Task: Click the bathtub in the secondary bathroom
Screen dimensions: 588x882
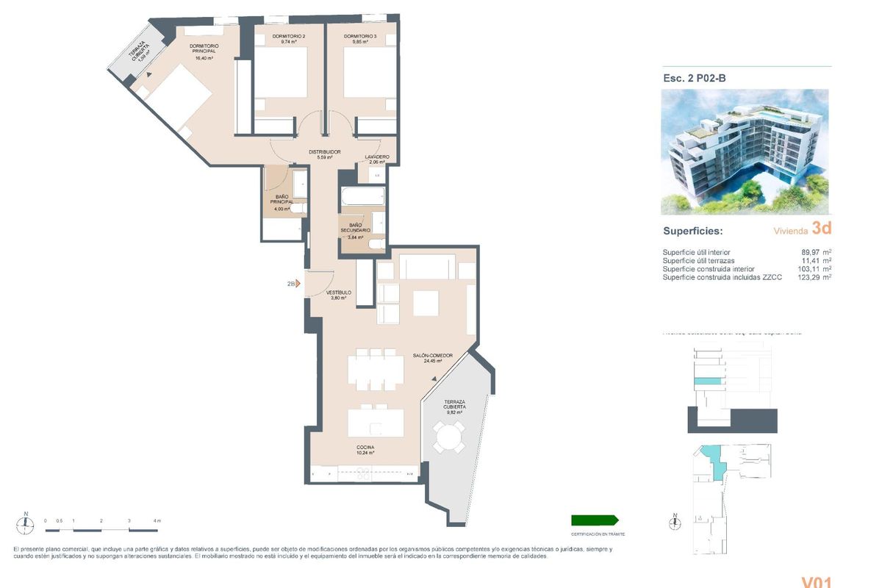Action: [x=362, y=198]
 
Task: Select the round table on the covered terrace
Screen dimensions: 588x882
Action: [x=447, y=440]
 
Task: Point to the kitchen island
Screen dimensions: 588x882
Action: [x=376, y=423]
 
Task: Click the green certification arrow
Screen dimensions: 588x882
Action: [x=595, y=520]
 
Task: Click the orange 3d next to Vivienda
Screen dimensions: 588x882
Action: [x=822, y=229]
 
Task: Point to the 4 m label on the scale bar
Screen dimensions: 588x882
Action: [x=157, y=520]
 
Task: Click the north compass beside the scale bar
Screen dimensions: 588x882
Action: [x=26, y=523]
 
